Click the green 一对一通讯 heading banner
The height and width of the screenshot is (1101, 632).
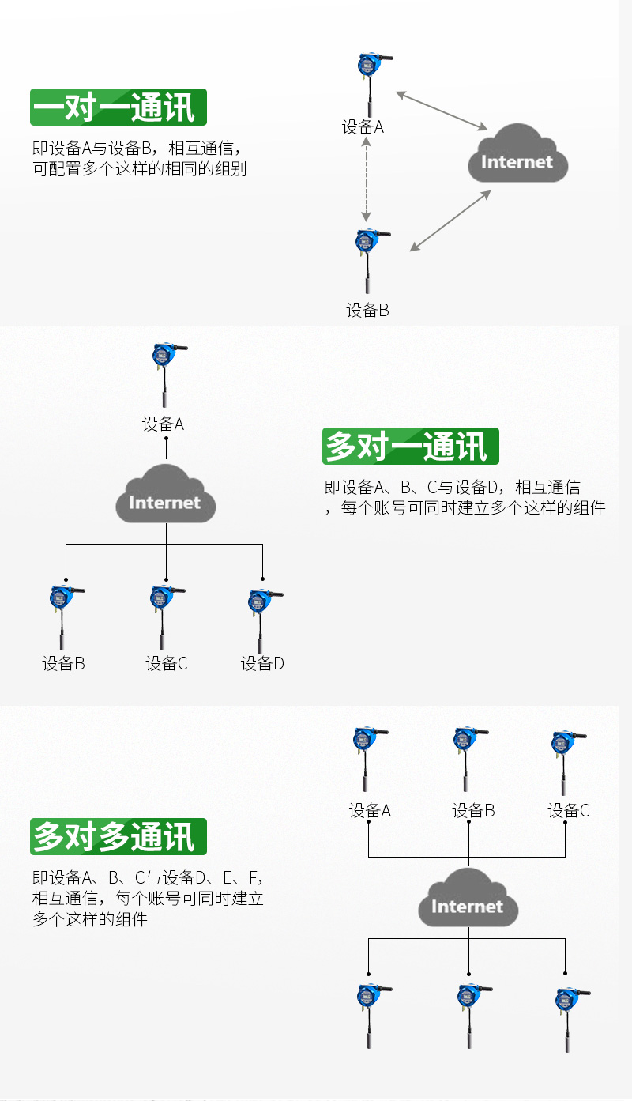(118, 107)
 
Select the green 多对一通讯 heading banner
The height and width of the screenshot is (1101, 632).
(410, 447)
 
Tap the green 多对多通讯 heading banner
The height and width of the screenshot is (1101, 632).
(118, 836)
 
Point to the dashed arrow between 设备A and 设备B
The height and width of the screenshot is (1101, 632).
(366, 181)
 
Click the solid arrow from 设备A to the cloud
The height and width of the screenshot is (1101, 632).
(442, 111)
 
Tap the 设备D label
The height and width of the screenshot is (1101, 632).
(262, 664)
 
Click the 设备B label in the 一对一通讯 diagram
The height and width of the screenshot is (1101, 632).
(368, 311)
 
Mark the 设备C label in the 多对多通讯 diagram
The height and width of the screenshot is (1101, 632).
(569, 811)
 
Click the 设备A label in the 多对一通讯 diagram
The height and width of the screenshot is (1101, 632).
(164, 424)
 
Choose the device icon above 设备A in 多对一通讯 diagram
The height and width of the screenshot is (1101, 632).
(165, 372)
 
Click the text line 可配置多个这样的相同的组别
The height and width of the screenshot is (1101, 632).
(140, 168)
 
